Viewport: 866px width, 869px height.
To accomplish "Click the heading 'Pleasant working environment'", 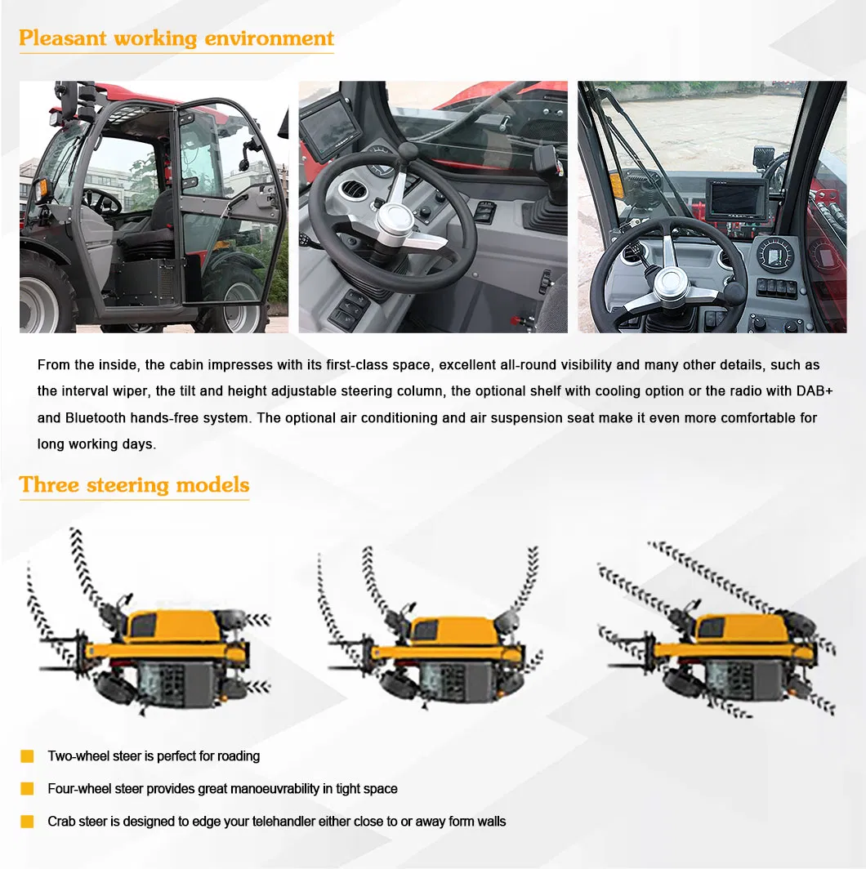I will [176, 38].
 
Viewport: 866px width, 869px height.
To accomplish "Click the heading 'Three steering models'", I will [134, 484].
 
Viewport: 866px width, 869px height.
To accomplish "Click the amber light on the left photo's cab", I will [40, 188].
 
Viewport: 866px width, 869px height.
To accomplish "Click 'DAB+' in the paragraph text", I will [814, 390].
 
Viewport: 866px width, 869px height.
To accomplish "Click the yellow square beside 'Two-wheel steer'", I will [27, 756].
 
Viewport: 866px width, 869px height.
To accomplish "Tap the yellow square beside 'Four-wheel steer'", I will [27, 789].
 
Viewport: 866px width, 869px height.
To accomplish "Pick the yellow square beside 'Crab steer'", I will [27, 822].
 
